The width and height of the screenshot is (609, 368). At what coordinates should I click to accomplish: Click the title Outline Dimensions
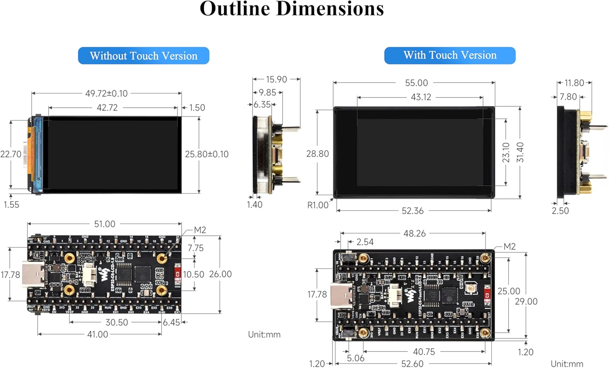point(292,9)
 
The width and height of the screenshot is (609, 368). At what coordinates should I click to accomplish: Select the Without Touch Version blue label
point(143,56)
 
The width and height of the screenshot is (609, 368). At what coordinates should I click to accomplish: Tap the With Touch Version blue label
point(449,55)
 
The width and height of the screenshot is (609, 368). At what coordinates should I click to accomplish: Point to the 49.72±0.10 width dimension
point(106,93)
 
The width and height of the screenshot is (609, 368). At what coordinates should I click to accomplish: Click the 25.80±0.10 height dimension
point(207,154)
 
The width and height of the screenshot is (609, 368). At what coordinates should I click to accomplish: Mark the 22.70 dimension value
point(11,154)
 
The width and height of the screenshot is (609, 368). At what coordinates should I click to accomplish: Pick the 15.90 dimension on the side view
point(276,80)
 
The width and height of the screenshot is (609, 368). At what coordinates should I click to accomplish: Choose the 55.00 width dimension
point(416,83)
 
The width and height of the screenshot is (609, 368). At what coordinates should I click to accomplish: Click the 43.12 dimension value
point(421,97)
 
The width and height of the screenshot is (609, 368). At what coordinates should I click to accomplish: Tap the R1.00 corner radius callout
point(317,205)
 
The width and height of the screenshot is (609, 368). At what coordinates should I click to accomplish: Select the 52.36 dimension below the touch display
point(412,211)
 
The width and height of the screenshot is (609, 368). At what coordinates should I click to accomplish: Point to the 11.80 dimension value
point(574,83)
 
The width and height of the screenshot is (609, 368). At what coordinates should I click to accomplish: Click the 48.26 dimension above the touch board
point(414,234)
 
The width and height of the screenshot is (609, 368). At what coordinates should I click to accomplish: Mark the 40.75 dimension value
point(424,352)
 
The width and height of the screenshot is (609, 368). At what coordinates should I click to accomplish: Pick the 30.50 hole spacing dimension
point(117,323)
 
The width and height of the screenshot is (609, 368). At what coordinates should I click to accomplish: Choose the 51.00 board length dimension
point(104,224)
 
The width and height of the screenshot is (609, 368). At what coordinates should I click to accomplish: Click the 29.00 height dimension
point(526,301)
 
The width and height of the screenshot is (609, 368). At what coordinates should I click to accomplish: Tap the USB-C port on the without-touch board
point(33,274)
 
